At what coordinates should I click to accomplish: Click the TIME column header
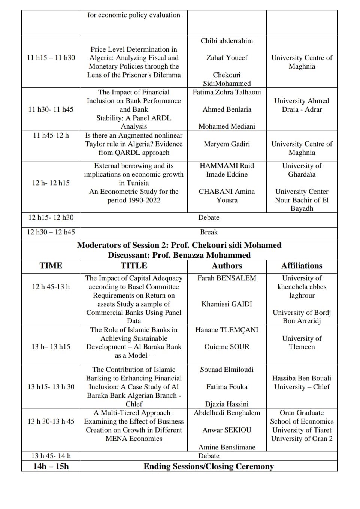[x=51, y=266]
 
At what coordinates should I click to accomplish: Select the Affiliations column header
[x=302, y=266]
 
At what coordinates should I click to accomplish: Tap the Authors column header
[x=227, y=266]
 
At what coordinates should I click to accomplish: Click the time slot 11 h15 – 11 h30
[x=51, y=58]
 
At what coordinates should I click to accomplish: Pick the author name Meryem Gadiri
[x=227, y=144]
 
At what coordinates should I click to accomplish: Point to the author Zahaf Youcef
[x=227, y=58]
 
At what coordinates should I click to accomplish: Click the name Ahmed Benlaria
[x=227, y=109]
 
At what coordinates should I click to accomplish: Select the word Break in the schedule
[x=209, y=232]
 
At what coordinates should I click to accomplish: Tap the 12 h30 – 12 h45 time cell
[x=51, y=232]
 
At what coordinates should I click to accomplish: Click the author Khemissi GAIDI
[x=227, y=304]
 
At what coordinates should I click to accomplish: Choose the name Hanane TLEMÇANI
[x=227, y=330]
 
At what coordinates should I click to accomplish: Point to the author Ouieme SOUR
[x=227, y=347]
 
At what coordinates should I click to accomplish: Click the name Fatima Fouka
[x=227, y=387]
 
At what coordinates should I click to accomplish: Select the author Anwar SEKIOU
[x=227, y=430]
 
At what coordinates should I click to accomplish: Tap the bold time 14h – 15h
[x=51, y=466]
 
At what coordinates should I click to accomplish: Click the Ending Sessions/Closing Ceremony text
[x=209, y=466]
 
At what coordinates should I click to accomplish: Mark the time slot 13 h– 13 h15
[x=51, y=347]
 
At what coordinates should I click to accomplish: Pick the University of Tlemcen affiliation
[x=302, y=343]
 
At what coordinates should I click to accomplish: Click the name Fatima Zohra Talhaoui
[x=227, y=92]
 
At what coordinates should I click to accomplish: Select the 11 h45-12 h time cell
[x=51, y=135]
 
